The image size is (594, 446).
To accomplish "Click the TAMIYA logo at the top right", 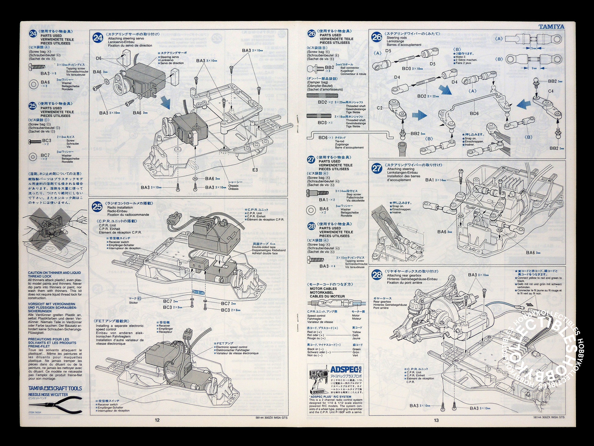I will tap(551, 27).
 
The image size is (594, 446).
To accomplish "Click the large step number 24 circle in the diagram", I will tap(98, 38).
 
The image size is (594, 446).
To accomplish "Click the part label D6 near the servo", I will tap(99, 58).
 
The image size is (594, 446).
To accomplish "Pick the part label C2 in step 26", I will tap(380, 108).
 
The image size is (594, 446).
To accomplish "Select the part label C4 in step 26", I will tap(551, 91).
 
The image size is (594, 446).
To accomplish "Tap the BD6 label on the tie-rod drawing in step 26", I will tap(474, 113).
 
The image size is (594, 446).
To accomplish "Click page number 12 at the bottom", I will tap(157, 420).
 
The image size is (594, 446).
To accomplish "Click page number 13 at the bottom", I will tap(436, 420).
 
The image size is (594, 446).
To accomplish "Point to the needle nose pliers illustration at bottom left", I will tap(55, 403).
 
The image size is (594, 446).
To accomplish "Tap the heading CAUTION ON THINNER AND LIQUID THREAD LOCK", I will tap(55, 274).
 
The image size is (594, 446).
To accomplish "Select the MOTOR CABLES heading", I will tap(323, 289).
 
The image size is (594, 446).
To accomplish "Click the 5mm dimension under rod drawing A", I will tap(533, 48).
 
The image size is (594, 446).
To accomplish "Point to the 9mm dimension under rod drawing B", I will tap(534, 68).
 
